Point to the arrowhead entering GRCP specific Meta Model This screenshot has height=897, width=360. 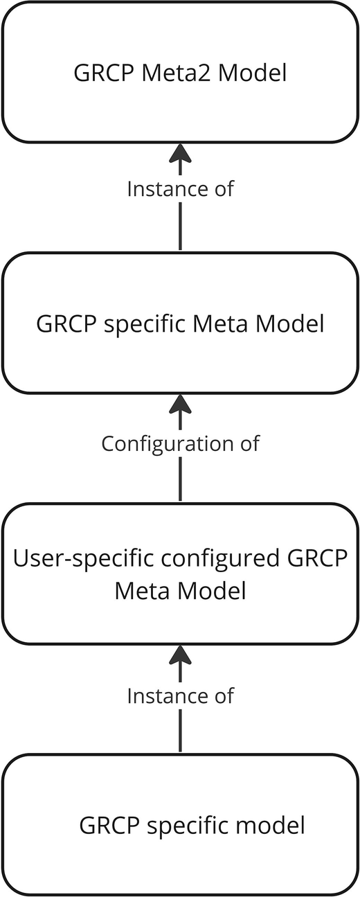(180, 404)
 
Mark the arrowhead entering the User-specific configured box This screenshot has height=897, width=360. (180, 655)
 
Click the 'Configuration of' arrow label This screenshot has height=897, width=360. (180, 443)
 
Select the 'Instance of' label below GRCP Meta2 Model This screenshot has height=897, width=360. (180, 189)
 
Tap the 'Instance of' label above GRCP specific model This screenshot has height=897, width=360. (180, 695)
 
